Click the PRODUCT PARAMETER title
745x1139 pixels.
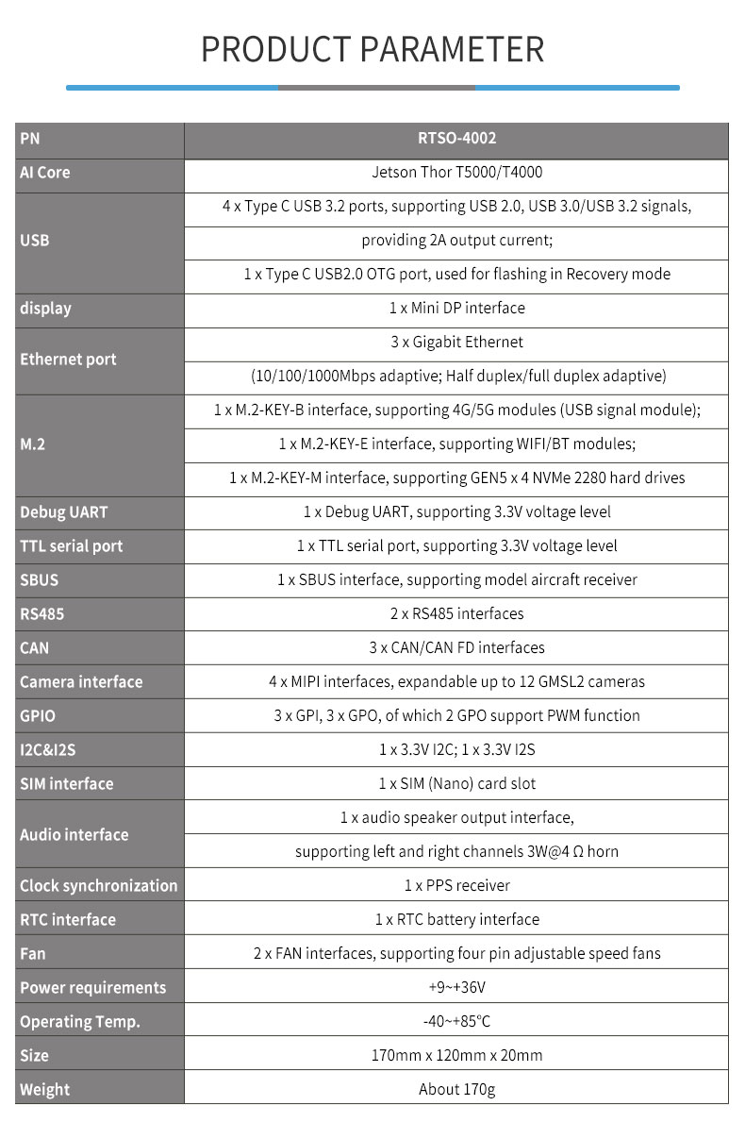(x=372, y=49)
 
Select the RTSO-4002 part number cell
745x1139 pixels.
(x=456, y=139)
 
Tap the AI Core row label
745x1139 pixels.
(x=45, y=173)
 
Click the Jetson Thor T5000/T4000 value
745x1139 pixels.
(x=456, y=173)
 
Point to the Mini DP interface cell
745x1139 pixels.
(x=456, y=309)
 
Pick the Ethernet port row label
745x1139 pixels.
(x=68, y=360)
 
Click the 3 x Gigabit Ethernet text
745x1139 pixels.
(x=456, y=343)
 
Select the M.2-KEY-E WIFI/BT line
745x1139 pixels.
(x=456, y=444)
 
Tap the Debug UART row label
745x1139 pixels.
(x=64, y=512)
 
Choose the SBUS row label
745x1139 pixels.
(x=40, y=580)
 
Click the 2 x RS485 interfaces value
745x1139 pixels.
(x=456, y=614)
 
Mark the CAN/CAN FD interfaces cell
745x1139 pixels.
(x=456, y=648)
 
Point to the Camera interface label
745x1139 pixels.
(x=81, y=682)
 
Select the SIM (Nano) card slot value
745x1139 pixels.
(x=456, y=784)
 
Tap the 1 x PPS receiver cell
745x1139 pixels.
(x=456, y=886)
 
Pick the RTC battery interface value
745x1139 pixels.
(x=456, y=920)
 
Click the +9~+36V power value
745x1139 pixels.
(x=456, y=988)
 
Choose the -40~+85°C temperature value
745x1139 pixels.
(x=456, y=1022)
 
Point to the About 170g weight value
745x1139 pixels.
(x=456, y=1090)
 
